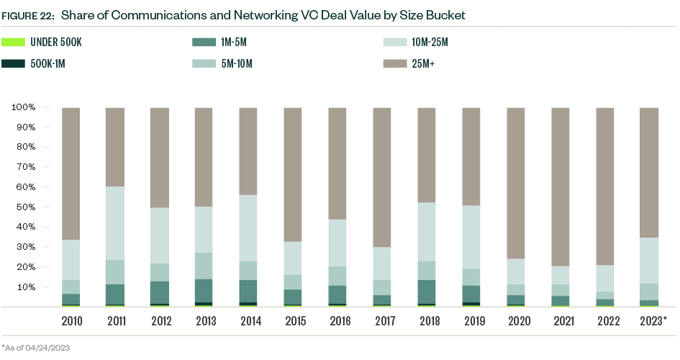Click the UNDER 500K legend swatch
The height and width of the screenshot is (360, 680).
point(14,42)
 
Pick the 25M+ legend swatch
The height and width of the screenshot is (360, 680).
point(394,64)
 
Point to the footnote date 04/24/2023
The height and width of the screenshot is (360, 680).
point(50,348)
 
